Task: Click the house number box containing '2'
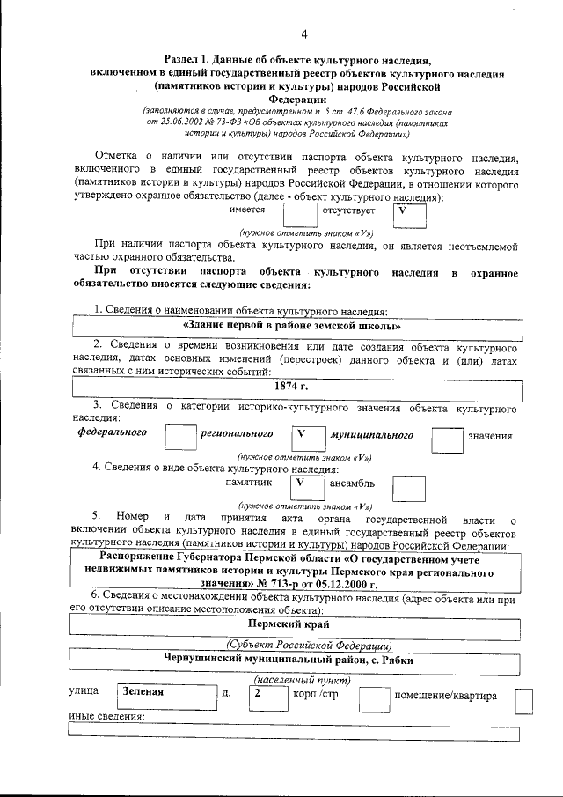261,697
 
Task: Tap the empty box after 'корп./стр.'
374,698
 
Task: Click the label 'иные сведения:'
106,716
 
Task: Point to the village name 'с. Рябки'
387,660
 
